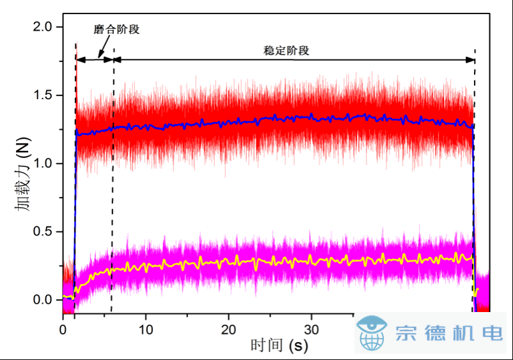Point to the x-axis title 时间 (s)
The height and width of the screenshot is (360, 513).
pos(279,346)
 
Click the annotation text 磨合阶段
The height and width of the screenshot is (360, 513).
pos(116,30)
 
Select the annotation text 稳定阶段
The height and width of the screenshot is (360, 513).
pos(287,50)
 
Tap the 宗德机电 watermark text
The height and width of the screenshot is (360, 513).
pos(449,333)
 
